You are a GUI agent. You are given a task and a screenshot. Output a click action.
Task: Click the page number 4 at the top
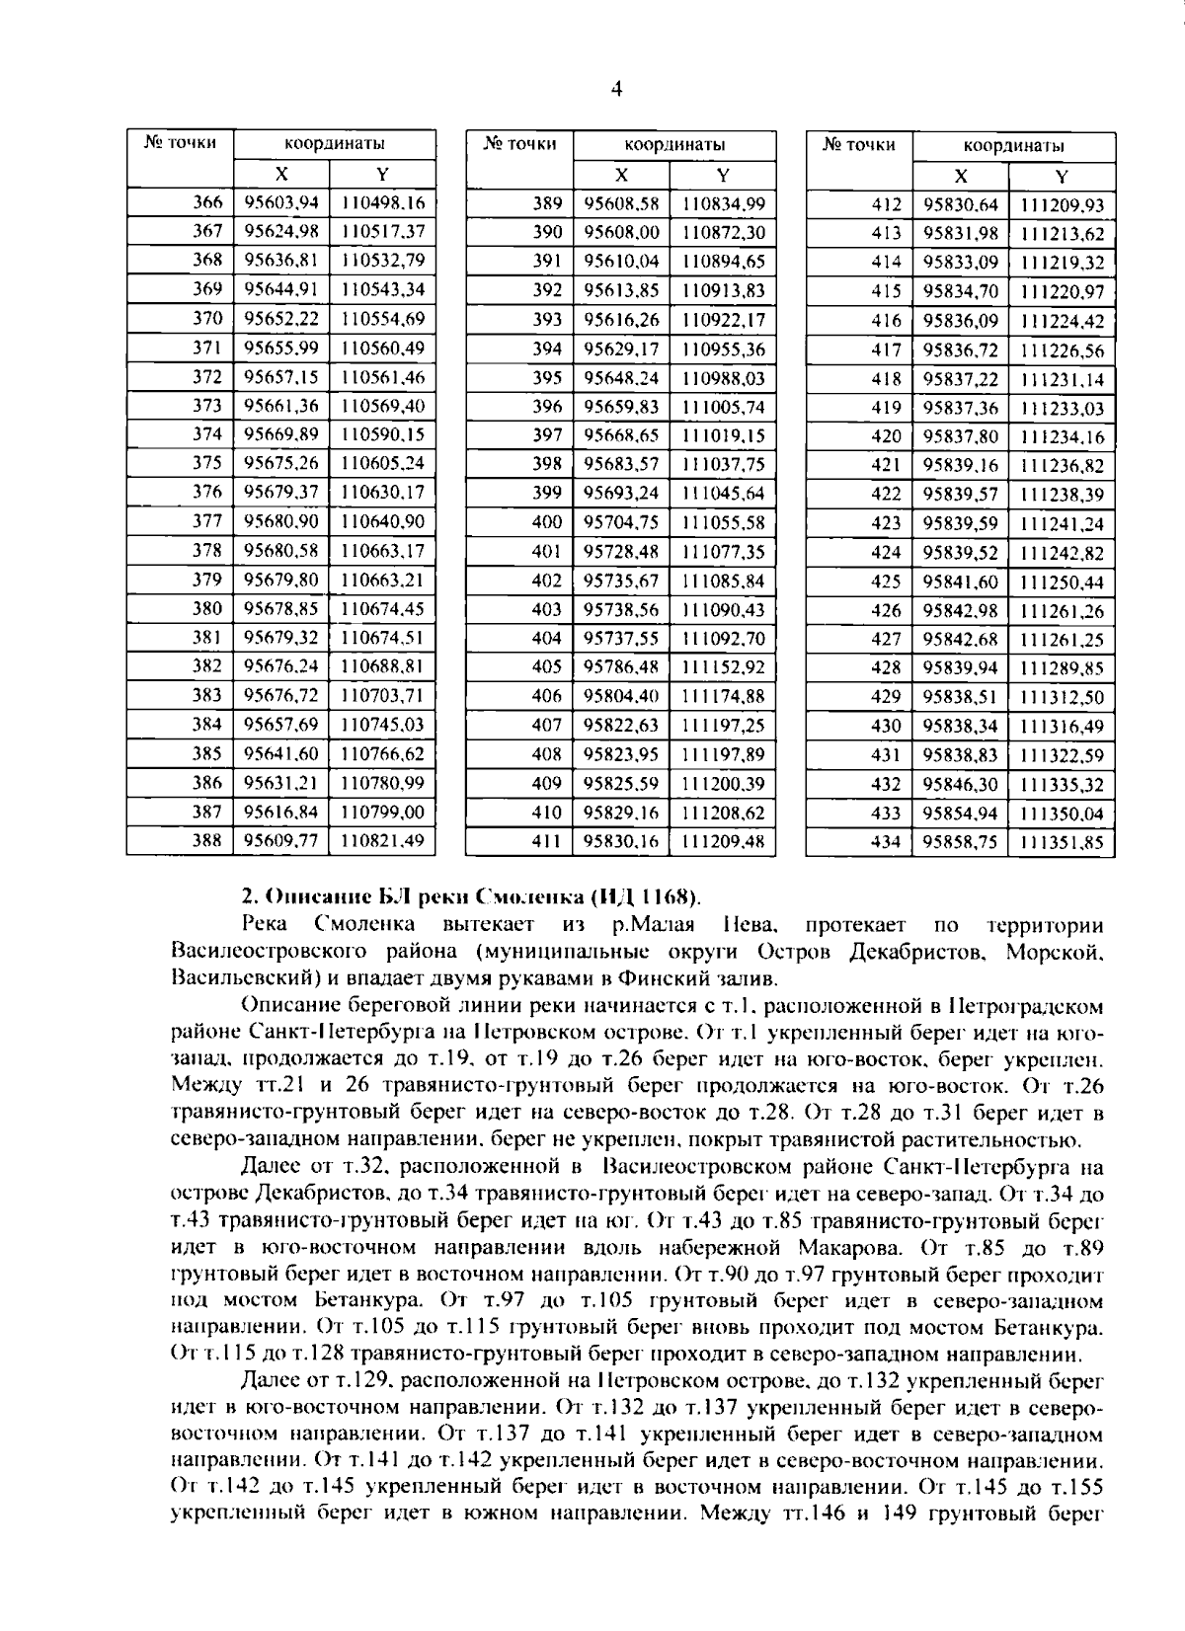coord(617,88)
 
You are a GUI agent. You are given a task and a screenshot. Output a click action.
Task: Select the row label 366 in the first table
coord(207,202)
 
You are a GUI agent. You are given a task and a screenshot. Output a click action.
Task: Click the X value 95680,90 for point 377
coord(281,521)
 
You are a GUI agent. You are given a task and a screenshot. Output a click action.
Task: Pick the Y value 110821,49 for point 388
coord(382,840)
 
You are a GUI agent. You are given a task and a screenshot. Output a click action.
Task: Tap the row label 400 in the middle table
coord(546,522)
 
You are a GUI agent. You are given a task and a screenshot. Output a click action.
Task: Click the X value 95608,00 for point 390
coord(621,233)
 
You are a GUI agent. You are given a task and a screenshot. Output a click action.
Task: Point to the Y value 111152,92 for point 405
coord(723,667)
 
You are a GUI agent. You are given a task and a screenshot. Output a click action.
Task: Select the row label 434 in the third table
coord(887,842)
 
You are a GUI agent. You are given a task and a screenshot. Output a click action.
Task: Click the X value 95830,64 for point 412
coord(961,205)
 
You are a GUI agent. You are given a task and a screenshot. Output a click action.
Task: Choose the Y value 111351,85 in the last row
coord(1062,843)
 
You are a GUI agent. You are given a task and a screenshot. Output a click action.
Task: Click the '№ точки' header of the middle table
coord(520,144)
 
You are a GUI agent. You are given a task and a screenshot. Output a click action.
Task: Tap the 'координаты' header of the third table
coord(1013,147)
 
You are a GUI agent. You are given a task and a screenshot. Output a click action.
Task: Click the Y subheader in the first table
coord(383,174)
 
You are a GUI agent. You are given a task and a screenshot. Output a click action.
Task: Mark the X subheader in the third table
coord(961,177)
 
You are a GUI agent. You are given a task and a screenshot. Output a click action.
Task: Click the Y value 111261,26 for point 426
coord(1062,610)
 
